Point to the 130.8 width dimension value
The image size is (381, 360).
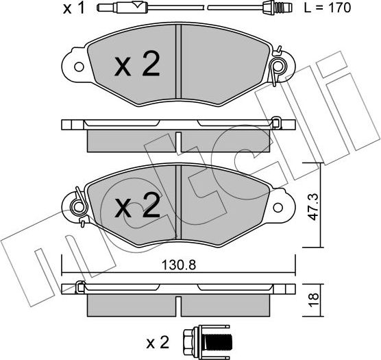(178, 263)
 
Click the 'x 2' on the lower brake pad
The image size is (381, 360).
(136, 205)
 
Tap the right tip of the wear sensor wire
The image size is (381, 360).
(288, 9)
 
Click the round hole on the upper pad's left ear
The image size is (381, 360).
(77, 67)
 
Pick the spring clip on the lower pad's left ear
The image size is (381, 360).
(77, 205)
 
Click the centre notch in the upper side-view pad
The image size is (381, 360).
(178, 142)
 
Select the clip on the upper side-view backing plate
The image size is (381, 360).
(276, 124)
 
